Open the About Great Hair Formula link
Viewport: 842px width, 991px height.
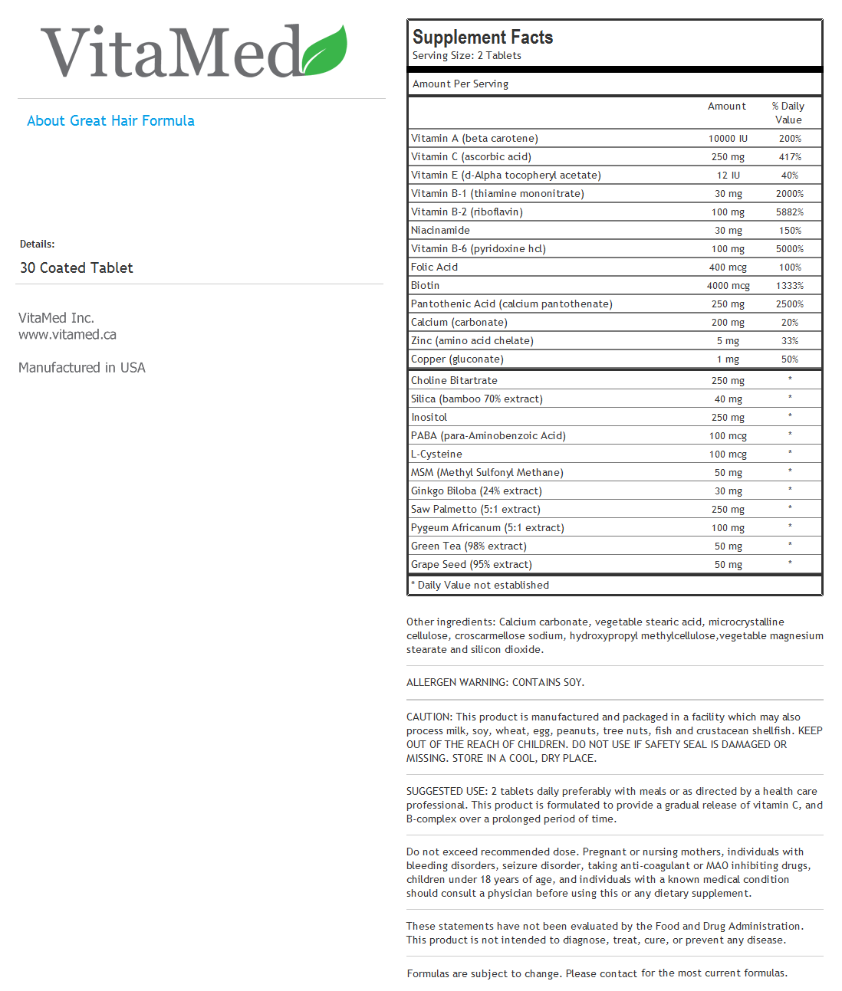[110, 121]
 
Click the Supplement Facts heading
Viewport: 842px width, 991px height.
[482, 37]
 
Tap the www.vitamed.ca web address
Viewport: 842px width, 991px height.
[67, 335]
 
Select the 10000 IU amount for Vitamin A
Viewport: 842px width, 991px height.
[727, 139]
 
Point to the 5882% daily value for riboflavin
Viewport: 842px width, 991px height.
[789, 212]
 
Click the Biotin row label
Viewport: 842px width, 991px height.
[425, 286]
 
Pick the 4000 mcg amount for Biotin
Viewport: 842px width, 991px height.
[728, 286]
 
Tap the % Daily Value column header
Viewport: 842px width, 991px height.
[788, 113]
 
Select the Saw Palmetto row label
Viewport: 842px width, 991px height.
[475, 510]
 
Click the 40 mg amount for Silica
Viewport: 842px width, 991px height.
[728, 399]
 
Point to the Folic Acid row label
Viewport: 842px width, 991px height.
[434, 267]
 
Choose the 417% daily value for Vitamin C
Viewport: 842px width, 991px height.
[789, 157]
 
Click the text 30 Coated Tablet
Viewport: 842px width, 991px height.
[77, 268]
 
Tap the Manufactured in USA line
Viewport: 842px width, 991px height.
[82, 368]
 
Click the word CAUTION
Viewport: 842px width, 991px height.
[429, 717]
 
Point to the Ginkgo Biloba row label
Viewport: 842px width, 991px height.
[475, 491]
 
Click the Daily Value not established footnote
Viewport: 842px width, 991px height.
[482, 586]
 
